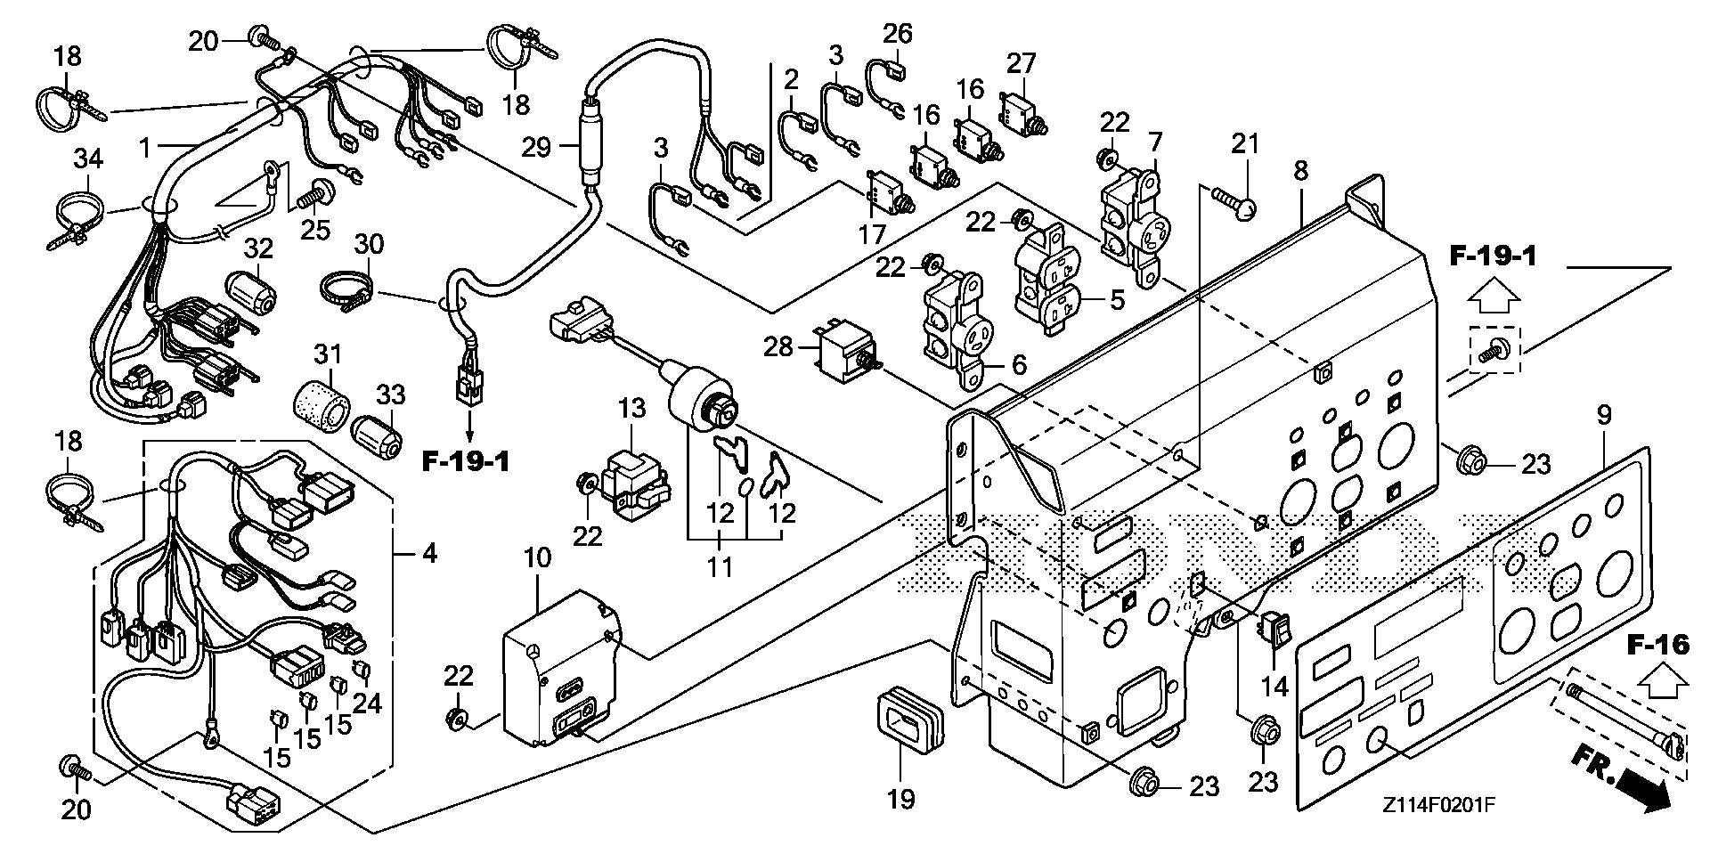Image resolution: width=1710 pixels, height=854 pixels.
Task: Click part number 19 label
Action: coord(901,799)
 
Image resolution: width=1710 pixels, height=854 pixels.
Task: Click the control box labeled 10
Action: coord(561,668)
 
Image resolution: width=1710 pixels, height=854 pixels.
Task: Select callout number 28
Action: coord(778,346)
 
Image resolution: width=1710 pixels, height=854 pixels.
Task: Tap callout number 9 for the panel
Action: coord(1604,415)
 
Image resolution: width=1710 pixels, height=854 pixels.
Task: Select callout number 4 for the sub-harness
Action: coord(428,554)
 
